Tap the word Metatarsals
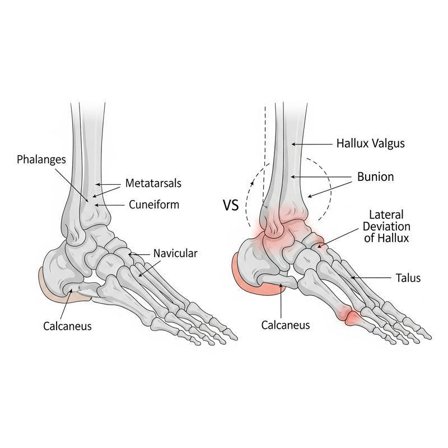click(x=153, y=183)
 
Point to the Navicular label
click(x=175, y=253)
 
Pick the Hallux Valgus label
click(x=370, y=143)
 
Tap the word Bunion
click(x=376, y=177)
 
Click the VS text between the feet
click(x=231, y=205)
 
